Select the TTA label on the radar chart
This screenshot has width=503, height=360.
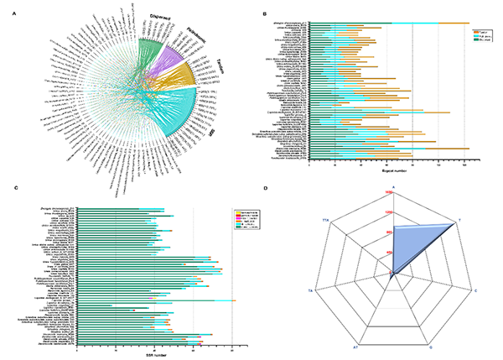pyautogui.click(x=326, y=220)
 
